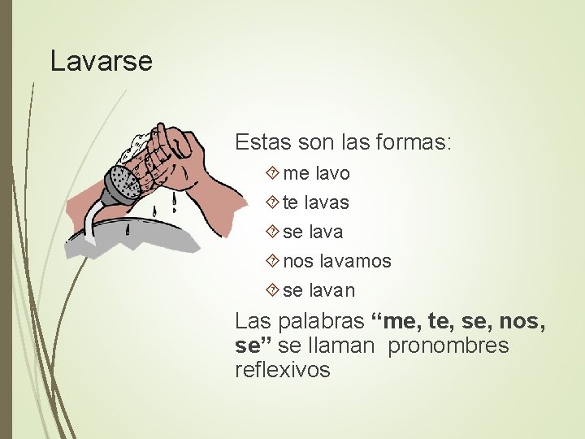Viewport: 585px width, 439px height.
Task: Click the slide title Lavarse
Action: [x=102, y=61]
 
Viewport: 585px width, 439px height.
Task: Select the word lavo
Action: [x=333, y=173]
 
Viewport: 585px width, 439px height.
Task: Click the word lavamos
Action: [x=354, y=261]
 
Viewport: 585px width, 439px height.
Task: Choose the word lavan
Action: [x=333, y=290]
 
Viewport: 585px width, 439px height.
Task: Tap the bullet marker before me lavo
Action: [x=272, y=173]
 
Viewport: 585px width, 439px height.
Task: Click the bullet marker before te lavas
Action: [x=272, y=202]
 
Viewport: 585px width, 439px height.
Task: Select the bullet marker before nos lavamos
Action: [x=272, y=261]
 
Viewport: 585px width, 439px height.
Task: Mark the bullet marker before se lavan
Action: [x=272, y=290]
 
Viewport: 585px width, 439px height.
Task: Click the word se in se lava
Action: [x=293, y=232]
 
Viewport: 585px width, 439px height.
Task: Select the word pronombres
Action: [x=448, y=346]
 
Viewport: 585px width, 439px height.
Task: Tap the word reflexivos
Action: [x=283, y=370]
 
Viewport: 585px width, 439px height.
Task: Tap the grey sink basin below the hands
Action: [x=154, y=236]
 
